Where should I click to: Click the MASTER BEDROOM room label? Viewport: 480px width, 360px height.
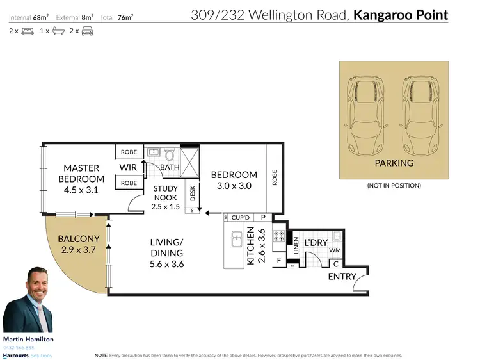[x=81, y=174]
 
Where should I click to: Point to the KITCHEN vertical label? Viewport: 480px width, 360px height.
[x=251, y=246]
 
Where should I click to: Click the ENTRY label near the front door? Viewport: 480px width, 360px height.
[x=342, y=276]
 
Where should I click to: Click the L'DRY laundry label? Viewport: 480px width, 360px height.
[x=316, y=243]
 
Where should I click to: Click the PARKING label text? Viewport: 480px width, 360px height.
[x=394, y=163]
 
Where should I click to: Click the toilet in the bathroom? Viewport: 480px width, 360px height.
[x=170, y=154]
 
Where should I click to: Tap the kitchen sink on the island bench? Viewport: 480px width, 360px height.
[x=236, y=241]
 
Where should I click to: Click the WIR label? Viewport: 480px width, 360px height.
[x=127, y=168]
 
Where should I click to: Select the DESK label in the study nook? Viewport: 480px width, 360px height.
[x=192, y=192]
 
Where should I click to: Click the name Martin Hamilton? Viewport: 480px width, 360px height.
[x=29, y=339]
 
